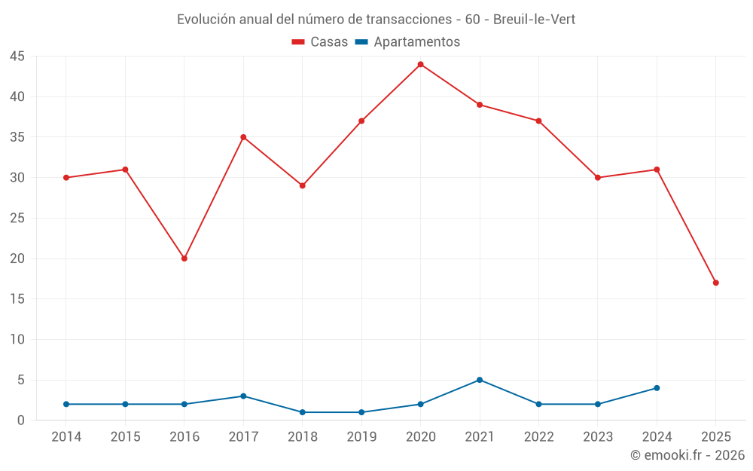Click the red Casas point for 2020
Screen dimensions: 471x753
point(421,64)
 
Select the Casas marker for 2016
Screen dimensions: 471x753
point(184,258)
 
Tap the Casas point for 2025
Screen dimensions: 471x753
point(716,283)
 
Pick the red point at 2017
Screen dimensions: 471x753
point(243,137)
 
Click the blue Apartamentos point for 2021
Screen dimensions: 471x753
point(480,380)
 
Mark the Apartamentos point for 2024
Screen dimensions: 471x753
point(657,388)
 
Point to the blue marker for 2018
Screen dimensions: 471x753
point(303,412)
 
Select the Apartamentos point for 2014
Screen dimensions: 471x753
point(66,404)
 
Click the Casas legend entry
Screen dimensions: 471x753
point(320,42)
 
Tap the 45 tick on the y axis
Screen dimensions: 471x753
point(17,57)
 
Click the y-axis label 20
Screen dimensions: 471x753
point(17,258)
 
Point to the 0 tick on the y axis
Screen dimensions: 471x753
point(21,421)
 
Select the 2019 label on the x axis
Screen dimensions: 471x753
point(361,437)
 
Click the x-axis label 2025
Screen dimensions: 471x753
point(716,437)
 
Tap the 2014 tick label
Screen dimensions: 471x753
point(66,437)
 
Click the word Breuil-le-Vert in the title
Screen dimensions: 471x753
point(534,20)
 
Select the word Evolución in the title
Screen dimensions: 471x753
point(204,20)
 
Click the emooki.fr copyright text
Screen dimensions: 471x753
point(687,455)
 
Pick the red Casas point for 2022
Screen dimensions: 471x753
point(539,121)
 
